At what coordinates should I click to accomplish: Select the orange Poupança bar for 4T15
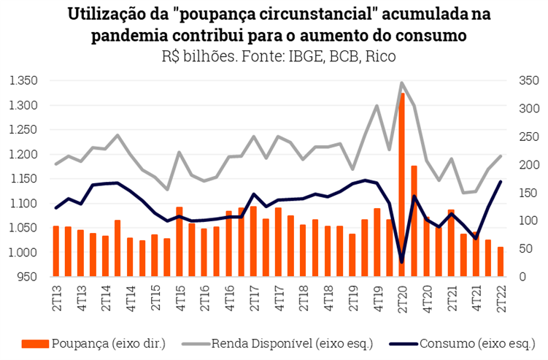(180, 242)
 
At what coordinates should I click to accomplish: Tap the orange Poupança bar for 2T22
(500, 261)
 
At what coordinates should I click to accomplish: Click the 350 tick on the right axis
(528, 80)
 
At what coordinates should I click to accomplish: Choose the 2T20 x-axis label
(402, 302)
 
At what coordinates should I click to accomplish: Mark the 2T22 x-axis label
(501, 302)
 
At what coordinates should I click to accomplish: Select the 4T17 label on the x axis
(278, 302)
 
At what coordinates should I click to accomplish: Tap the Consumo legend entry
(460, 343)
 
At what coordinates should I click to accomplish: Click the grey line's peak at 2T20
(402, 83)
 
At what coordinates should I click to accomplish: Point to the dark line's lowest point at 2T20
(402, 261)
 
